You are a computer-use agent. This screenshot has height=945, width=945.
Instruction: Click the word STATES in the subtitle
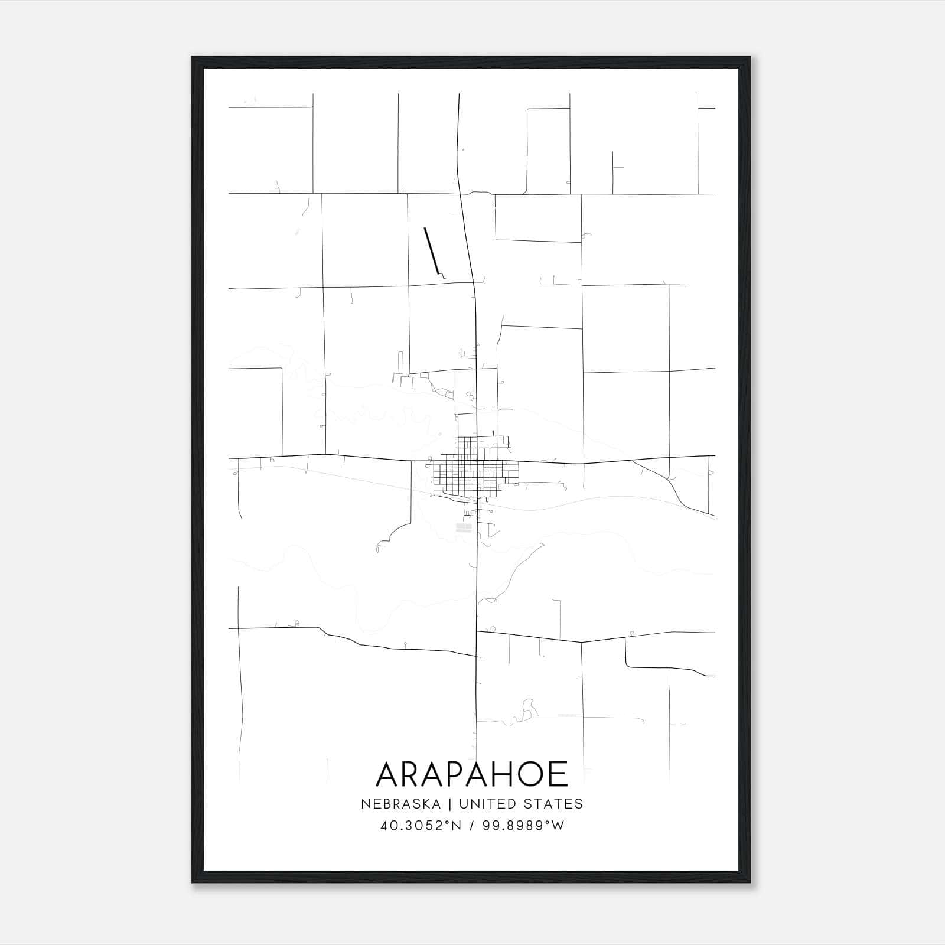(x=553, y=804)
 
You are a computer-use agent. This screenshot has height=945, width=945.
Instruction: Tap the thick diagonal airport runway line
(x=432, y=251)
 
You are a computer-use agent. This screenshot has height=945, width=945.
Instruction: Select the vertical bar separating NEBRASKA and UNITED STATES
(x=449, y=804)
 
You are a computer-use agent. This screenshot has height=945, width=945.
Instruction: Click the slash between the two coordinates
(x=472, y=826)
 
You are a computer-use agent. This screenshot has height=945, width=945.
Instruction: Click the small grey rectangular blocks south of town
(x=464, y=527)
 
